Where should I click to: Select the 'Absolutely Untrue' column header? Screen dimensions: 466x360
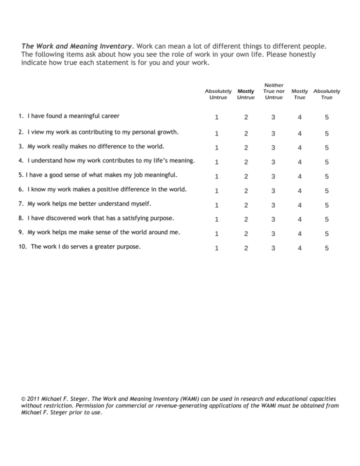tap(218, 94)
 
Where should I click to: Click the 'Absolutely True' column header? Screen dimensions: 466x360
tap(327, 94)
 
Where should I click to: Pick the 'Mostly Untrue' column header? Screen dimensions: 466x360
tap(246, 94)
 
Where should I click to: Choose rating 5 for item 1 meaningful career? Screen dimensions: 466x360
tap(327, 117)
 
